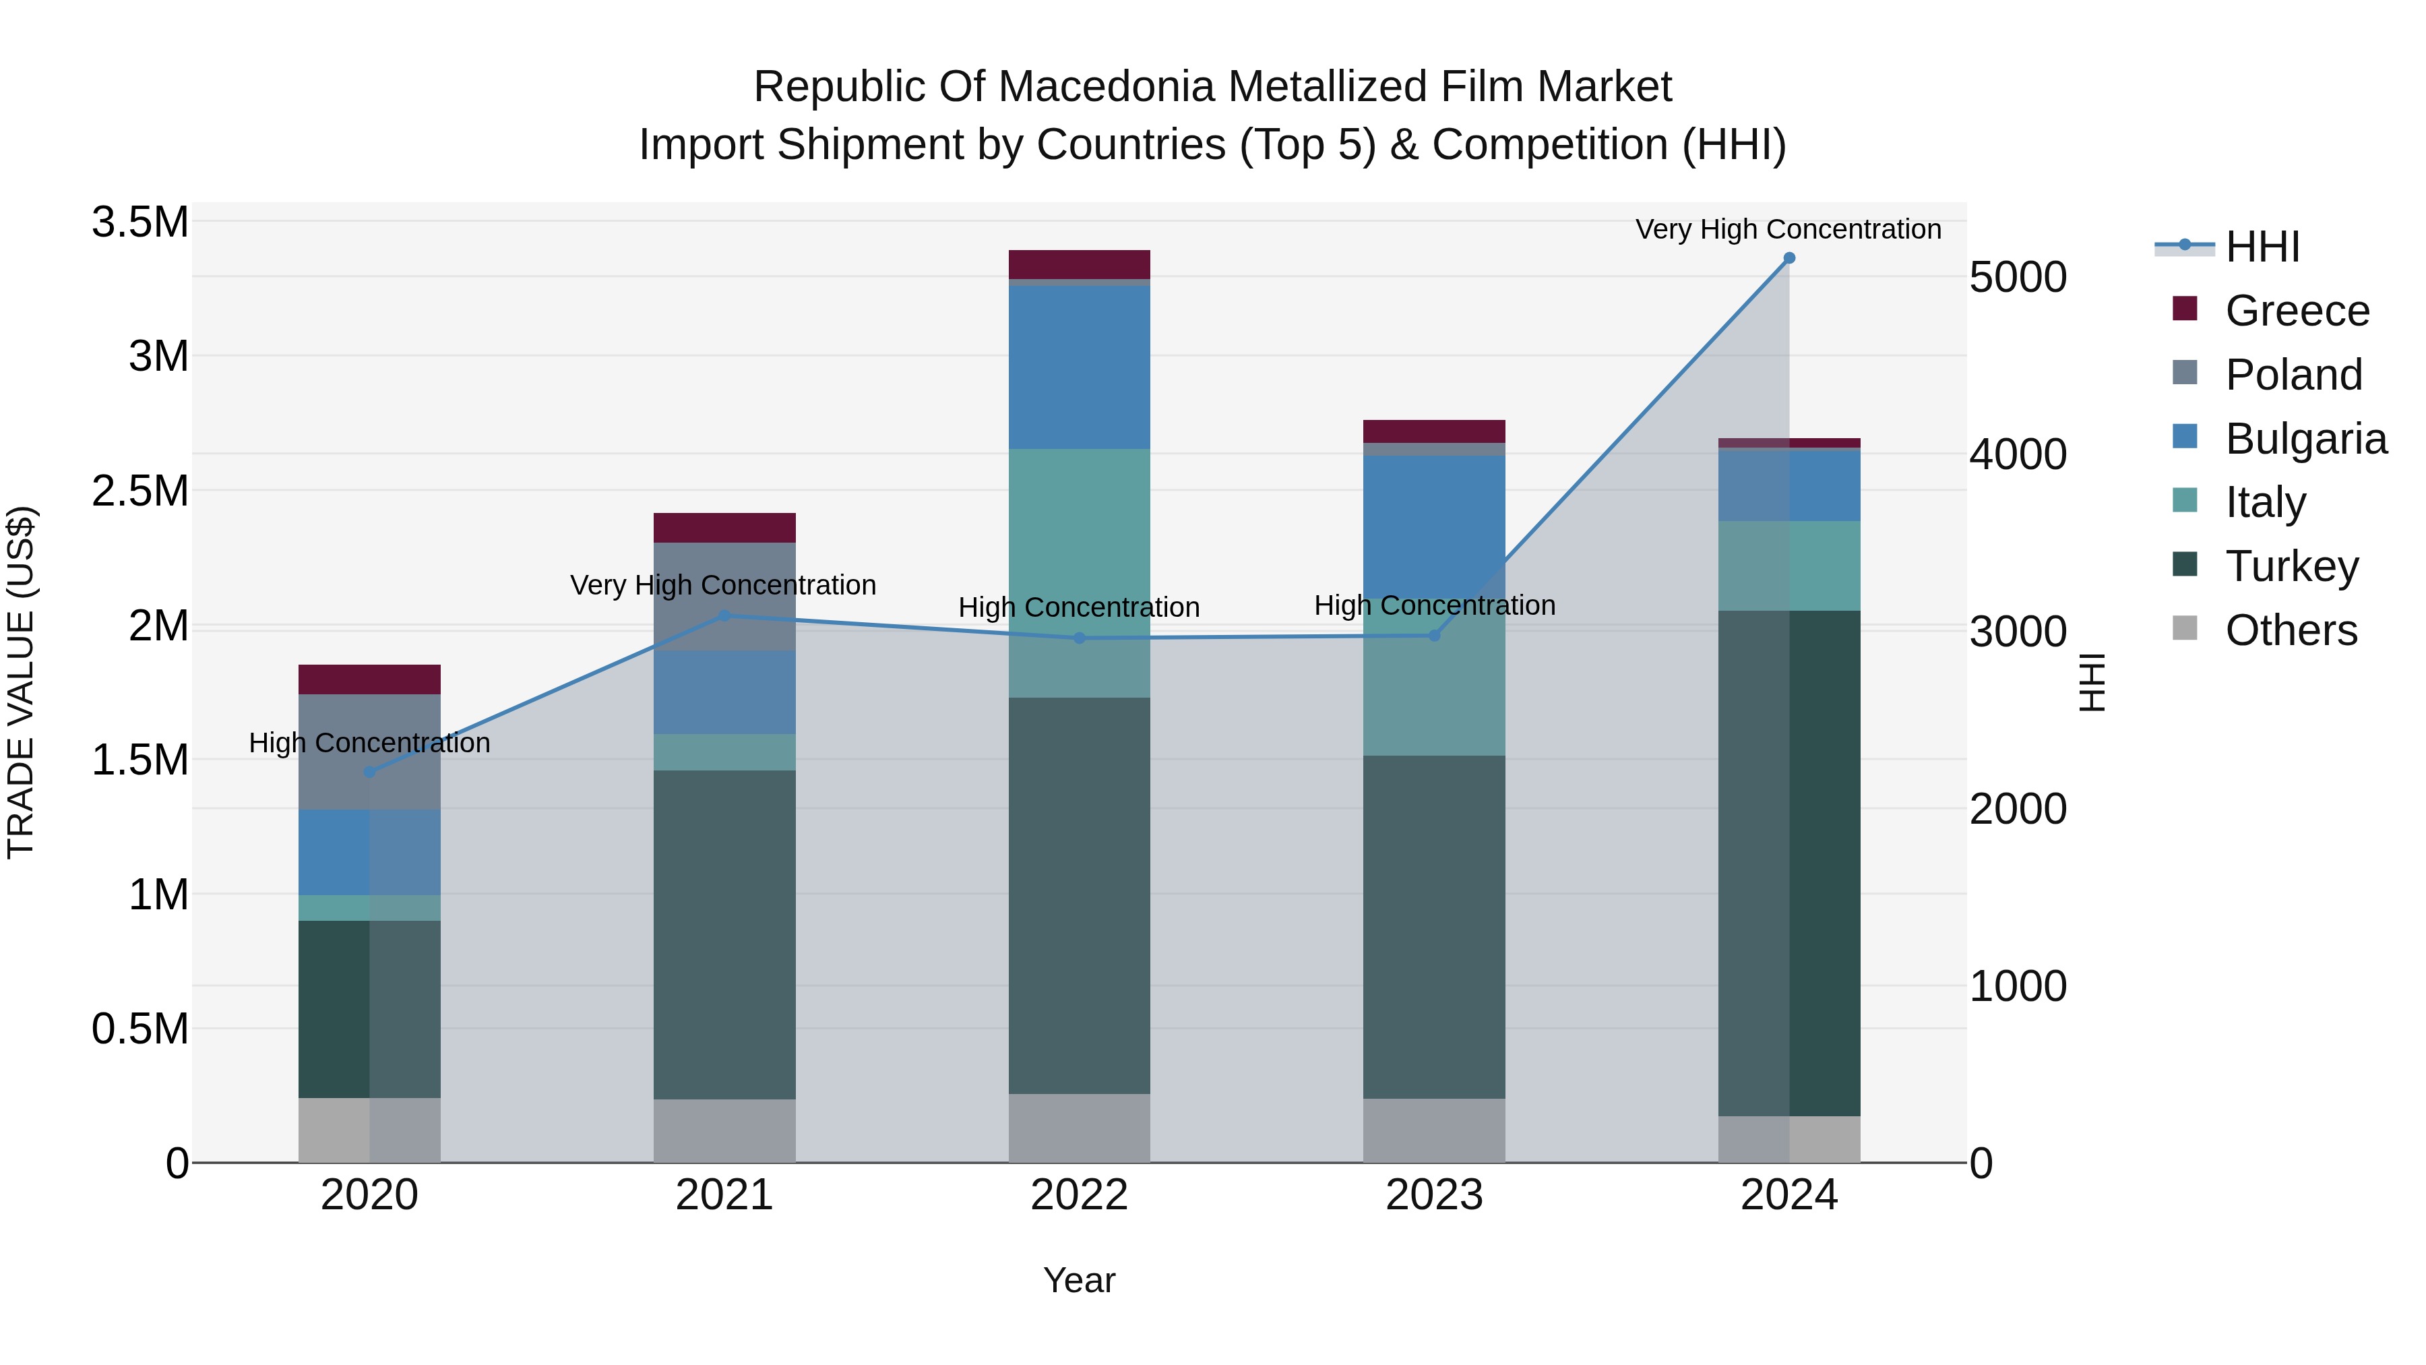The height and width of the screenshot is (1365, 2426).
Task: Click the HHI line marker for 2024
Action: point(1789,258)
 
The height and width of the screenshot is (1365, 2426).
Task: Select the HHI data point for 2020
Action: point(369,772)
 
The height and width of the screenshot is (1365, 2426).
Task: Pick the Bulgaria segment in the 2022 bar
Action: point(1080,367)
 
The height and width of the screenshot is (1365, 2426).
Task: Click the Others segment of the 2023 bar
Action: point(1433,1130)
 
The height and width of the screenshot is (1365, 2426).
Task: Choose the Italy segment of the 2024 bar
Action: point(1789,566)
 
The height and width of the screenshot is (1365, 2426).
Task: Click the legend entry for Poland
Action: point(2293,375)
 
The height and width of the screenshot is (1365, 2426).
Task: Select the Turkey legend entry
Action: point(2291,566)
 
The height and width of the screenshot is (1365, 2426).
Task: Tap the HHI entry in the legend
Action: point(2262,247)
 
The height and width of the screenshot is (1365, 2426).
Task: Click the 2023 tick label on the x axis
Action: point(1433,1195)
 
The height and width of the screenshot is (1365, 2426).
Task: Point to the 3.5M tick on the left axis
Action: point(139,223)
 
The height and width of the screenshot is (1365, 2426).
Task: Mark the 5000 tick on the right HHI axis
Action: point(2017,278)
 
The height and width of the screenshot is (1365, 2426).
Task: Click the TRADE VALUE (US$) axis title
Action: point(21,682)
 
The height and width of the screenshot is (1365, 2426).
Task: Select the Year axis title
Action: point(1080,1280)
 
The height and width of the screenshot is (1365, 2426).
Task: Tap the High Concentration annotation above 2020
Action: point(369,744)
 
